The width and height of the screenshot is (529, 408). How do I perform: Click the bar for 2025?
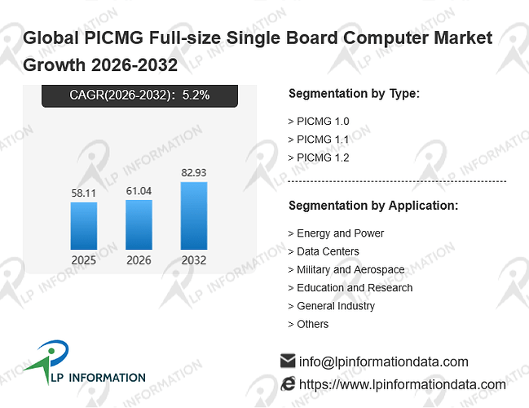point(84,226)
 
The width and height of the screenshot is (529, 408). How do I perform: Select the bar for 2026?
point(139,224)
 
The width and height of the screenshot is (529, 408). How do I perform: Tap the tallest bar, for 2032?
point(194,215)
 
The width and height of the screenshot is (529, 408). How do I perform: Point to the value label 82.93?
point(194,173)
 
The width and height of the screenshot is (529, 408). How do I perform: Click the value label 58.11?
point(84,193)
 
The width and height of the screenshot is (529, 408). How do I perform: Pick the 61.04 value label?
point(139,191)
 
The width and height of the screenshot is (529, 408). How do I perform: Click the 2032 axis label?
point(194,260)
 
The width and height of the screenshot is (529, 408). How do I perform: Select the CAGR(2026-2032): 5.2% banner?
point(139,96)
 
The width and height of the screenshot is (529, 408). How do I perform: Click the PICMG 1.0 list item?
point(319,122)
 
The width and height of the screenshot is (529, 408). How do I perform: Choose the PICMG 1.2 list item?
point(319,157)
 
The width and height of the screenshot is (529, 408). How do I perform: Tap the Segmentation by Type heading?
point(355,94)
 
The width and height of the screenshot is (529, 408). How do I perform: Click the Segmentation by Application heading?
point(373,206)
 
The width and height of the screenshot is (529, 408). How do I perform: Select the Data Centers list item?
point(324,251)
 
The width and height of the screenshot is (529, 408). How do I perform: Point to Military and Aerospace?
point(346,269)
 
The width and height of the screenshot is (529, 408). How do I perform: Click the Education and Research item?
point(350,288)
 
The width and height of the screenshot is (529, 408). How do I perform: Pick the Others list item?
point(308,324)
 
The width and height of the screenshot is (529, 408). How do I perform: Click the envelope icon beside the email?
point(288,361)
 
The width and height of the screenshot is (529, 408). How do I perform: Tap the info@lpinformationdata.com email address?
point(384,361)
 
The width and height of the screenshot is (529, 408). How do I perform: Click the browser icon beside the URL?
point(288,384)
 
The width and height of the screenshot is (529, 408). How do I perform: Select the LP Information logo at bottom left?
point(84,363)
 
